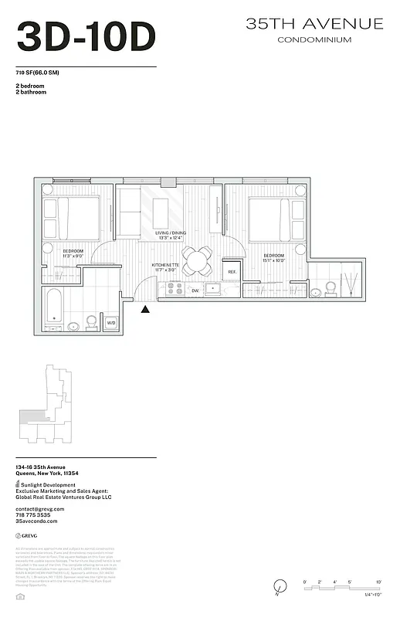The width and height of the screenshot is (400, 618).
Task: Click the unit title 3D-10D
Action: click(86, 36)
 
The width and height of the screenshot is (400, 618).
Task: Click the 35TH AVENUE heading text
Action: click(314, 24)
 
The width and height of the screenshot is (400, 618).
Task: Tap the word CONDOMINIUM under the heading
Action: click(314, 39)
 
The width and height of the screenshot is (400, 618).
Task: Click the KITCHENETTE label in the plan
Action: click(166, 266)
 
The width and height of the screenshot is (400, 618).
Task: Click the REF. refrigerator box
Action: click(232, 272)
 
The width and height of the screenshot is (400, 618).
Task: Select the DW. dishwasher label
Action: click(195, 290)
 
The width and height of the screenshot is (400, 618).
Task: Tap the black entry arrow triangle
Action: click(145, 310)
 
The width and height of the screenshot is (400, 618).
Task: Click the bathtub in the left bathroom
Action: click(53, 307)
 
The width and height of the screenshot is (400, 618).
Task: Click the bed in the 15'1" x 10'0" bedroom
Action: click(270, 217)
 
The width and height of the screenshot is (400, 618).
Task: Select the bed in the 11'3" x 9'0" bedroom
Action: click(71, 217)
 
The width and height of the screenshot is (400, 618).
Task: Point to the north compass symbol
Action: click(277, 589)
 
